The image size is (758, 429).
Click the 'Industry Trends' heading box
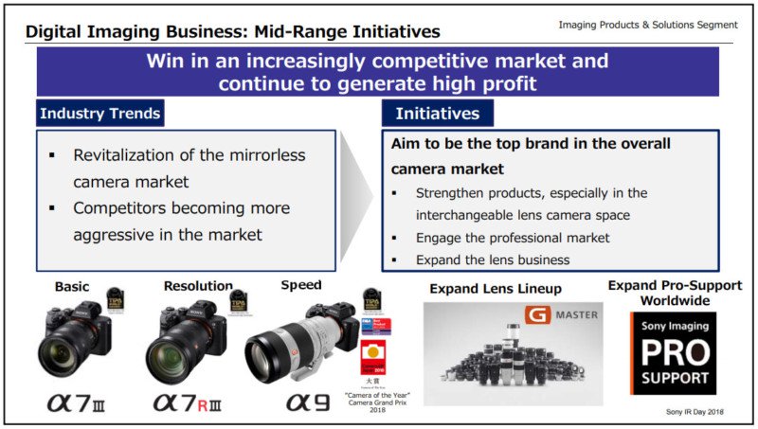pyautogui.click(x=99, y=115)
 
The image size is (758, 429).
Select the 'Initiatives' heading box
pyautogui.click(x=437, y=115)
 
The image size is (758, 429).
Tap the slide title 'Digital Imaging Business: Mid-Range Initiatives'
pyautogui.click(x=233, y=31)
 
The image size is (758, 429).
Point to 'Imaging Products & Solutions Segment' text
pyautogui.click(x=647, y=24)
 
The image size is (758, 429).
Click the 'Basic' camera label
pyautogui.click(x=73, y=286)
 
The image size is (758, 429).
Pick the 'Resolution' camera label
pyautogui.click(x=197, y=285)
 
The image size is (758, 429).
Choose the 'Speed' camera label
pyautogui.click(x=300, y=284)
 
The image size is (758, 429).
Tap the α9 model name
pyautogui.click(x=311, y=402)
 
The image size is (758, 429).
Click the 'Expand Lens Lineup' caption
pyautogui.click(x=496, y=288)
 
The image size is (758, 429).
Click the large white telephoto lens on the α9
pyautogui.click(x=283, y=351)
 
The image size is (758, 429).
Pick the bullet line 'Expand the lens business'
pyautogui.click(x=492, y=259)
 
